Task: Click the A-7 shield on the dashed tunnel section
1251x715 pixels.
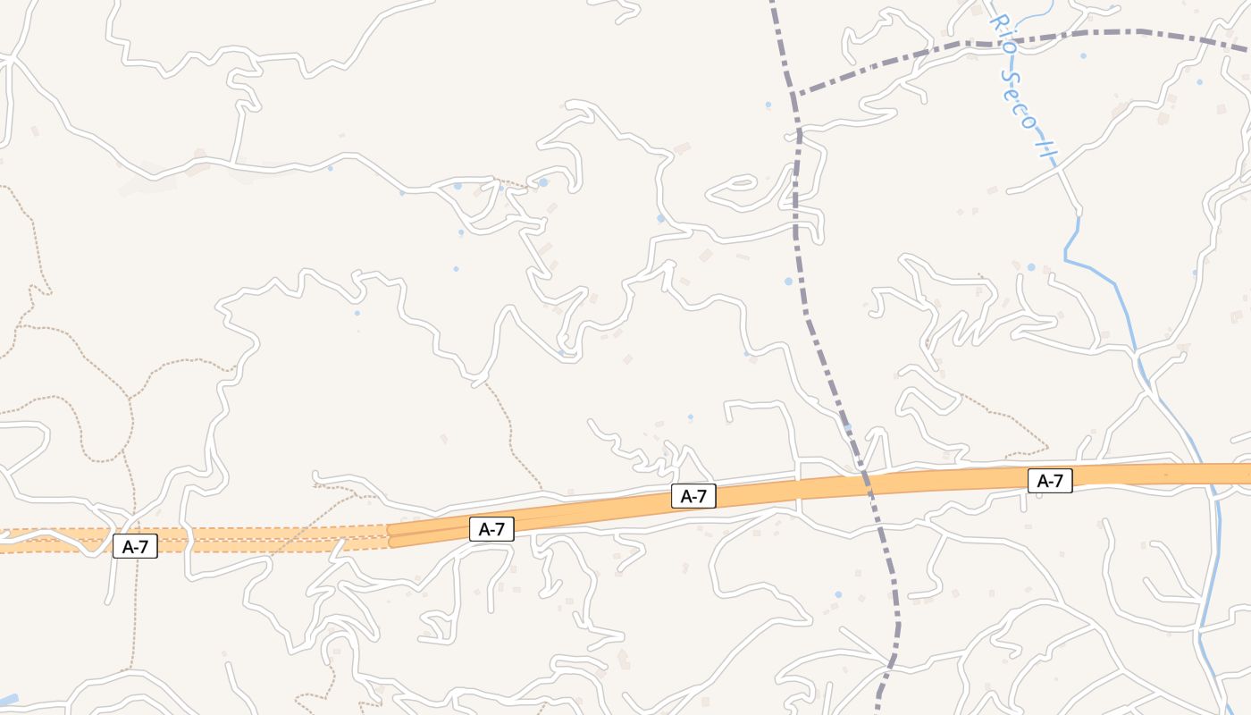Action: (x=135, y=546)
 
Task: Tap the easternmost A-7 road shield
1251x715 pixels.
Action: (x=1050, y=481)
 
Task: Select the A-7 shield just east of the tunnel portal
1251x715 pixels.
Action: (x=491, y=528)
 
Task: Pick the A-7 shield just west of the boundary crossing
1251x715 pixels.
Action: (x=693, y=496)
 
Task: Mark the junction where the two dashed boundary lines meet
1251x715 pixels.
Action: (x=793, y=93)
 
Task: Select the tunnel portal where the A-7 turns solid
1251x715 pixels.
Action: (x=390, y=534)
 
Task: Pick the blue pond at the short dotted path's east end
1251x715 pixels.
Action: (x=542, y=182)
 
